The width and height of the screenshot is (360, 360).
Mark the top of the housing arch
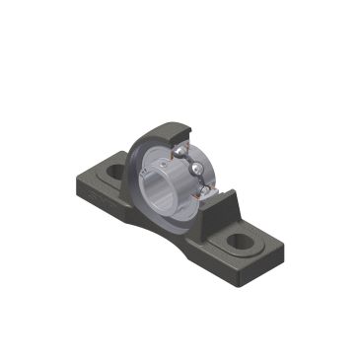point(168,125)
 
